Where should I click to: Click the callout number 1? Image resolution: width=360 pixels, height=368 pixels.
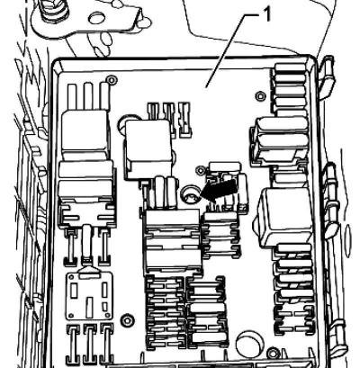point(266,14)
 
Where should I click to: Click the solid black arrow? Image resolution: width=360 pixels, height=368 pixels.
point(220,191)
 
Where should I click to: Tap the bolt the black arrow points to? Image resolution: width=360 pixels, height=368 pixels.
point(190,194)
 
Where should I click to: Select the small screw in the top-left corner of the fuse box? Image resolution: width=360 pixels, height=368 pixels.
point(112,80)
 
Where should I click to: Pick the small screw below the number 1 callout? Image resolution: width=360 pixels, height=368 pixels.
point(260,96)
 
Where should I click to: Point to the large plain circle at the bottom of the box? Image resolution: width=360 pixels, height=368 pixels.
point(248,344)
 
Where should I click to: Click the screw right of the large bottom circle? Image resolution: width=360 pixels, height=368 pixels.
point(273,353)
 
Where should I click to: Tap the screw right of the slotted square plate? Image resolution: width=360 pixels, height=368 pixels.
point(127,320)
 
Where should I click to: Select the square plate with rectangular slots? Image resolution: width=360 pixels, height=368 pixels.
point(89,295)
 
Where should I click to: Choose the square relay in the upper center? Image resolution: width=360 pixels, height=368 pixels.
point(148,149)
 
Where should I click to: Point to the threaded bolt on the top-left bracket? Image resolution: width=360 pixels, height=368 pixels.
point(53,10)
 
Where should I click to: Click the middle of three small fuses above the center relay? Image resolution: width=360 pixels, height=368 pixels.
point(169,119)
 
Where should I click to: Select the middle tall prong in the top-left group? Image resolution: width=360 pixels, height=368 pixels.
point(89,96)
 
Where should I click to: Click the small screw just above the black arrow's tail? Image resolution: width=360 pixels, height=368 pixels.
point(200,170)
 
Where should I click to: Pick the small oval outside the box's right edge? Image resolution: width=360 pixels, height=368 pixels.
point(348,235)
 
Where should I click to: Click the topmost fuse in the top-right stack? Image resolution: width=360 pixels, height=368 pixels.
point(290,68)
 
